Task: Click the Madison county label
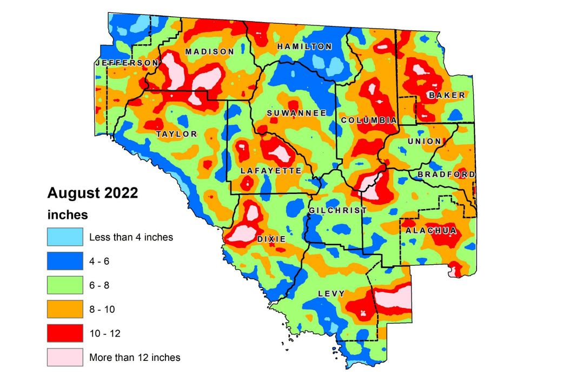[209, 52]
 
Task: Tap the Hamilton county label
[304, 47]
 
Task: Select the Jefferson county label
[127, 63]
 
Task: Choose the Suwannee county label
[297, 113]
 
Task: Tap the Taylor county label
[176, 134]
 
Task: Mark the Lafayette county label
[270, 171]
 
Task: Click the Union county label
[425, 142]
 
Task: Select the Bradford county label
[446, 175]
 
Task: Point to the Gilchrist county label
[337, 210]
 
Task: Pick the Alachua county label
[431, 231]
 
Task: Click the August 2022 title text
[92, 193]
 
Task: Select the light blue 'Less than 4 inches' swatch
[65, 237]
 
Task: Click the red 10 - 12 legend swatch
[65, 333]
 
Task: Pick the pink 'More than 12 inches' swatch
[65, 357]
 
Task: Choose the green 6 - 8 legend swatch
[65, 285]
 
